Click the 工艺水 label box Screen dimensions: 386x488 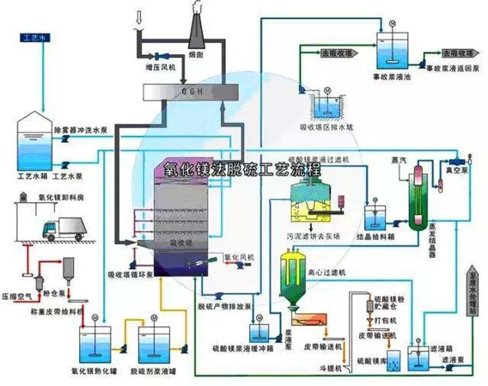[x=29, y=38]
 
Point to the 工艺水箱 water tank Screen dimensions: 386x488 [x=35, y=142]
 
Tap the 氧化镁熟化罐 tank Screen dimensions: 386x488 [x=95, y=343]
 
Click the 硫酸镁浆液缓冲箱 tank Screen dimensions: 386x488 [x=260, y=333]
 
